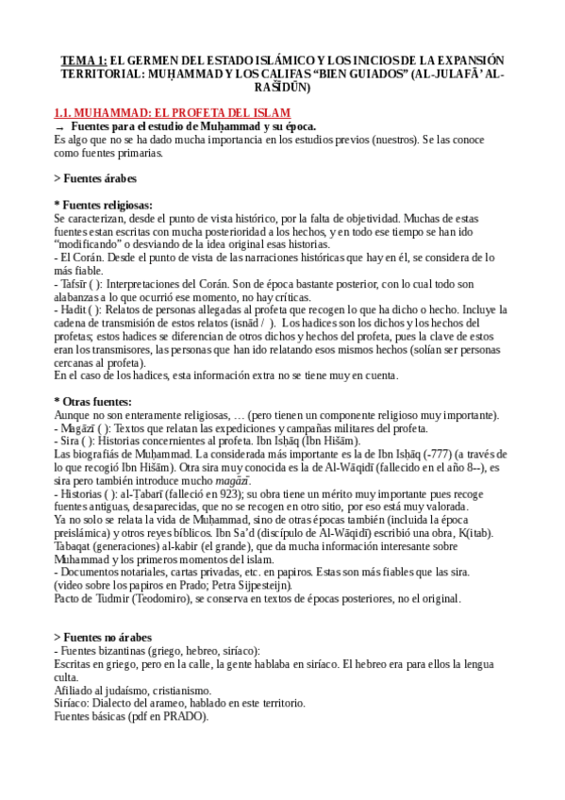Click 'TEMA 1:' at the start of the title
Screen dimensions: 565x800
[x=81, y=58]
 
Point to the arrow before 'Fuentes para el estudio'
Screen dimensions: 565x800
[x=60, y=126]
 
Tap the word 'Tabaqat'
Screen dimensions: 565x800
[x=76, y=545]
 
